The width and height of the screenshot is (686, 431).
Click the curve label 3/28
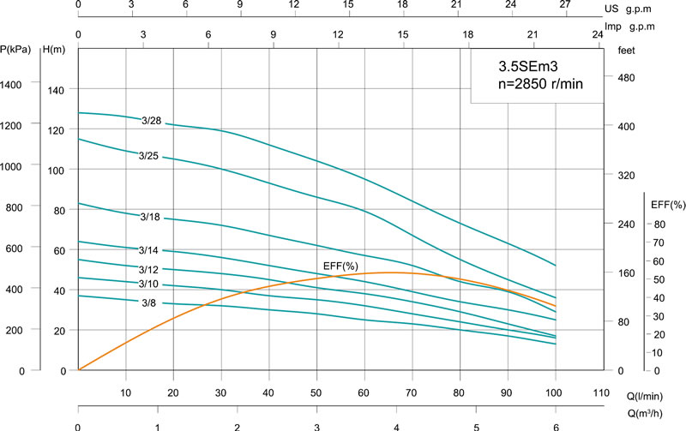pyautogui.click(x=151, y=121)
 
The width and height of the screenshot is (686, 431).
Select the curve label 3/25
pyautogui.click(x=149, y=156)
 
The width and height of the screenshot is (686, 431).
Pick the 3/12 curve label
pyautogui.click(x=149, y=269)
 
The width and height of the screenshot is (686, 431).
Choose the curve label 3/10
pyautogui.click(x=149, y=284)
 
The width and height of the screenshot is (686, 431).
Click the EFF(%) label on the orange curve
pyautogui.click(x=340, y=266)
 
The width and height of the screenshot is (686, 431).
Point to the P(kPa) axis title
pyautogui.click(x=15, y=50)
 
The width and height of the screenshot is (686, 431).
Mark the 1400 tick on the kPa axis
pyautogui.click(x=15, y=84)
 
